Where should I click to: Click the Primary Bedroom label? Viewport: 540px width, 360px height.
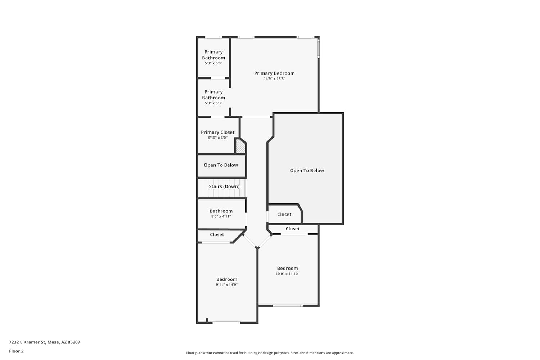click(x=274, y=73)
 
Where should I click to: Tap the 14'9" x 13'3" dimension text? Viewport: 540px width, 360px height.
click(x=274, y=78)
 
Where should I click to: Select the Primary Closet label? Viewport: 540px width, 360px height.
click(x=217, y=132)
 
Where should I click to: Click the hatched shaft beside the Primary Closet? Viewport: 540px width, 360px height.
click(x=240, y=146)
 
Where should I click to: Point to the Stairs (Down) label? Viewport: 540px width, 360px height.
click(x=224, y=186)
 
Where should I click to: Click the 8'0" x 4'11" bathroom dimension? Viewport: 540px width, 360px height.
click(x=221, y=216)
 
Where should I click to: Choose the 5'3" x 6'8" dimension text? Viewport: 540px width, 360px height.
click(x=213, y=63)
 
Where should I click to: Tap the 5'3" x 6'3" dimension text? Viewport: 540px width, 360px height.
click(x=213, y=103)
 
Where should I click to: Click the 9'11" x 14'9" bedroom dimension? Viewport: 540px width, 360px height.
click(x=226, y=284)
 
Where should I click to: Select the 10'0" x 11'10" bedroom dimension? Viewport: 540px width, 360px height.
click(x=287, y=274)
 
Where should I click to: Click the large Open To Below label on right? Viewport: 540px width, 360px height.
click(x=307, y=171)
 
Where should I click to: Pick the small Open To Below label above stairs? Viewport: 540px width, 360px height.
click(x=221, y=165)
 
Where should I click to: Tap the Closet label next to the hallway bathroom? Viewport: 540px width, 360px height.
click(x=284, y=214)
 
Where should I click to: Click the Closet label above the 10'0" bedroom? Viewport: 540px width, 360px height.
click(x=293, y=229)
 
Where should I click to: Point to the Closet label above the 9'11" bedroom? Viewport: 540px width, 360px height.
click(x=217, y=235)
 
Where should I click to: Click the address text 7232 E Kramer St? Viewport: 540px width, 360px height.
click(x=27, y=342)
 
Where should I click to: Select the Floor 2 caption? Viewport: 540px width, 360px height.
click(x=17, y=351)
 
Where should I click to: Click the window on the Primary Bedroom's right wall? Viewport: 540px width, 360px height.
click(x=318, y=49)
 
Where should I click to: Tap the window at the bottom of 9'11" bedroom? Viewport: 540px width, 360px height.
click(x=226, y=323)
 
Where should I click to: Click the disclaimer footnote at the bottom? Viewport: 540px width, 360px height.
click(x=270, y=353)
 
